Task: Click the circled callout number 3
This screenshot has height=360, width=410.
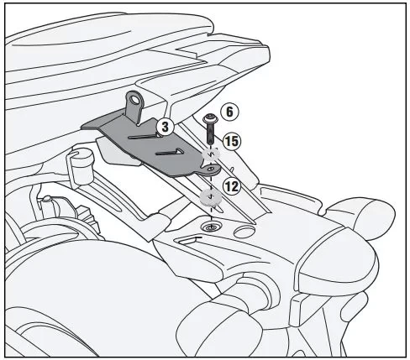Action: (166, 127)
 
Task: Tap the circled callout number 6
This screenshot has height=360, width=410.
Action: (229, 112)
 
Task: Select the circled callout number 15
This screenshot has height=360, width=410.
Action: (232, 141)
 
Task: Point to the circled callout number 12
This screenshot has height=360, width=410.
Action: (232, 186)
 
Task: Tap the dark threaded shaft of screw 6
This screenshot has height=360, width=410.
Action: (209, 133)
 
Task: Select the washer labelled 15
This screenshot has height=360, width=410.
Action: (211, 154)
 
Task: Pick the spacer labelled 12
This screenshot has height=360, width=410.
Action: (211, 197)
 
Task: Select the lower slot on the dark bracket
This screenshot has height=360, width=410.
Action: (170, 152)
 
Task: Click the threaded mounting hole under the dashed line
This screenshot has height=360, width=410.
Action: (211, 227)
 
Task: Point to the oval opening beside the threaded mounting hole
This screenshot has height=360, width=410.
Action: (244, 232)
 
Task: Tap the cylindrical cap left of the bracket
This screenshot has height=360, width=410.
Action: (82, 166)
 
